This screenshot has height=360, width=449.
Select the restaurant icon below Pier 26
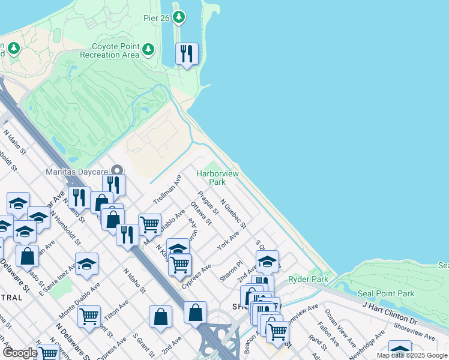187,54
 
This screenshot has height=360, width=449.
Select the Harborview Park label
217,178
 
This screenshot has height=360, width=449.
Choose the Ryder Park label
308,279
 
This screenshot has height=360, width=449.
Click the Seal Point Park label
386,293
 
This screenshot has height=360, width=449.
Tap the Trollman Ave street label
167,190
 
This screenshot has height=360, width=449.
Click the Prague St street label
205,204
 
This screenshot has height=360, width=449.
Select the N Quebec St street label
233,214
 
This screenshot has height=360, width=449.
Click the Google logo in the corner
19,353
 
